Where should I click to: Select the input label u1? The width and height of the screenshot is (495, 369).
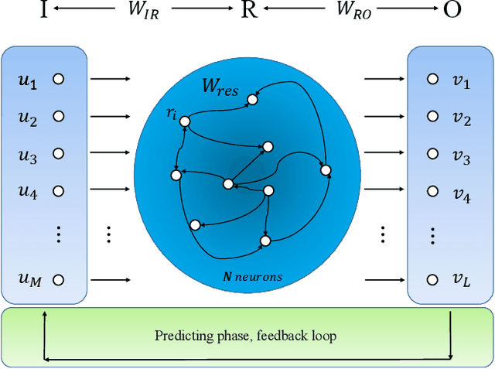(27, 80)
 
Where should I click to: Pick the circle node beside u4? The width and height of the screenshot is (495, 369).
(57, 191)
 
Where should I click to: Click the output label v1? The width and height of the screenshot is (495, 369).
(462, 80)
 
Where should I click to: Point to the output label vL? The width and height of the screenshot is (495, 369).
(462, 279)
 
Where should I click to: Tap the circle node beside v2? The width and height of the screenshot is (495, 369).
(430, 117)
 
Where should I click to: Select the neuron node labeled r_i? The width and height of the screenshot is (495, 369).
(185, 121)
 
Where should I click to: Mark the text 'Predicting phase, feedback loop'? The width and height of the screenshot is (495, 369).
(245, 336)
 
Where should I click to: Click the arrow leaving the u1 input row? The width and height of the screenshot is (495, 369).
(109, 79)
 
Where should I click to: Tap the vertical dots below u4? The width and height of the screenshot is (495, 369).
(57, 233)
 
